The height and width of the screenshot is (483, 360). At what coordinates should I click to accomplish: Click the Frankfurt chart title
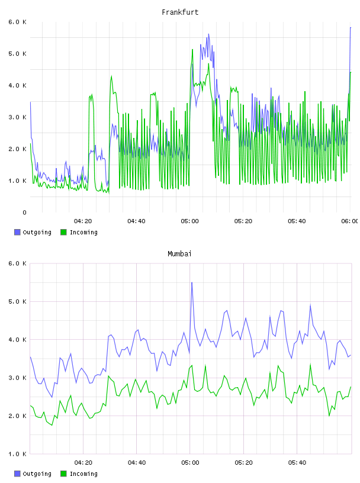(180, 12)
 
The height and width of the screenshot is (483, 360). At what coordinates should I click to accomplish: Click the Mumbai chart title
(179, 254)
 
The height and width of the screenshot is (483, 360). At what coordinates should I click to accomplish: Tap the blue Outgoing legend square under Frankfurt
(17, 232)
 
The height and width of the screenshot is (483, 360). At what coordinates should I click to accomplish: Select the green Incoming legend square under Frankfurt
(63, 232)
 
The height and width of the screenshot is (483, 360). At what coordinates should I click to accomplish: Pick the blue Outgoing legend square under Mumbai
(17, 474)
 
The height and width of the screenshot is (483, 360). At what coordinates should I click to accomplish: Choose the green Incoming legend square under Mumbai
(63, 474)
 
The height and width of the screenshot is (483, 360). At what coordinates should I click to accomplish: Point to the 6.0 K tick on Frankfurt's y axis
(17, 22)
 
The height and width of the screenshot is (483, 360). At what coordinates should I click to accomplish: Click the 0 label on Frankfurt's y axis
(24, 212)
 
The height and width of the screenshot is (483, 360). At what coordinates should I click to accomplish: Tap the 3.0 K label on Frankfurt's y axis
(17, 117)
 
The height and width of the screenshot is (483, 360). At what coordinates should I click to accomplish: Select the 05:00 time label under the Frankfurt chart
(190, 221)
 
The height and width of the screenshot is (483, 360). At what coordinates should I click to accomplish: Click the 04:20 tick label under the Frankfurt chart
(83, 221)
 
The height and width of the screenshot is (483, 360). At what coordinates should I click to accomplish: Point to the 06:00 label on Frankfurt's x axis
(349, 221)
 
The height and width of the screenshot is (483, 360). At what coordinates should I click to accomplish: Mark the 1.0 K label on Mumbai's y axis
(17, 454)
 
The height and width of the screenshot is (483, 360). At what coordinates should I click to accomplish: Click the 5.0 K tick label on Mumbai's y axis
(17, 301)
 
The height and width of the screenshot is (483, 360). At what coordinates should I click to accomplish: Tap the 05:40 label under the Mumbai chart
(297, 463)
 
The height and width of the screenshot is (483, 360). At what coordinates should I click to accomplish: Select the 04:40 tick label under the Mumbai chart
(137, 463)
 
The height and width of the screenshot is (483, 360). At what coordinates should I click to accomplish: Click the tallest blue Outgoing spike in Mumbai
(192, 282)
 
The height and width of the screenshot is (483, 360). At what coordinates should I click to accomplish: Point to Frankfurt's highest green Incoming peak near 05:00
(192, 50)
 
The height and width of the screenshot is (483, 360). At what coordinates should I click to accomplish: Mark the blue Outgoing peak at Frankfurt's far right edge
(351, 28)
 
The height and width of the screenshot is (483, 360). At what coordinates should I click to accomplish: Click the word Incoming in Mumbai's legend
(83, 474)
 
